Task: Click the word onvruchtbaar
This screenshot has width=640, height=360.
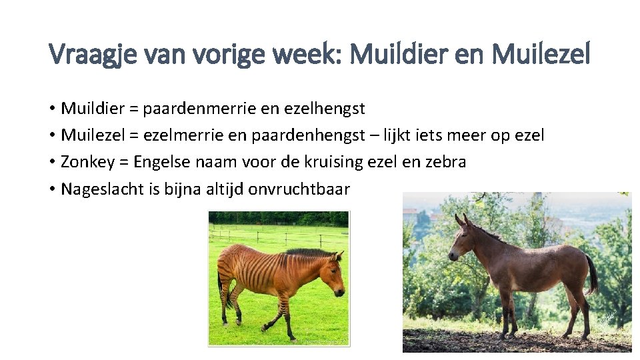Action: (x=299, y=189)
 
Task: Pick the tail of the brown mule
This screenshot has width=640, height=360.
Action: (x=591, y=273)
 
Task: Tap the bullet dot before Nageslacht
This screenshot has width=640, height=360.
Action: (x=52, y=189)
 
